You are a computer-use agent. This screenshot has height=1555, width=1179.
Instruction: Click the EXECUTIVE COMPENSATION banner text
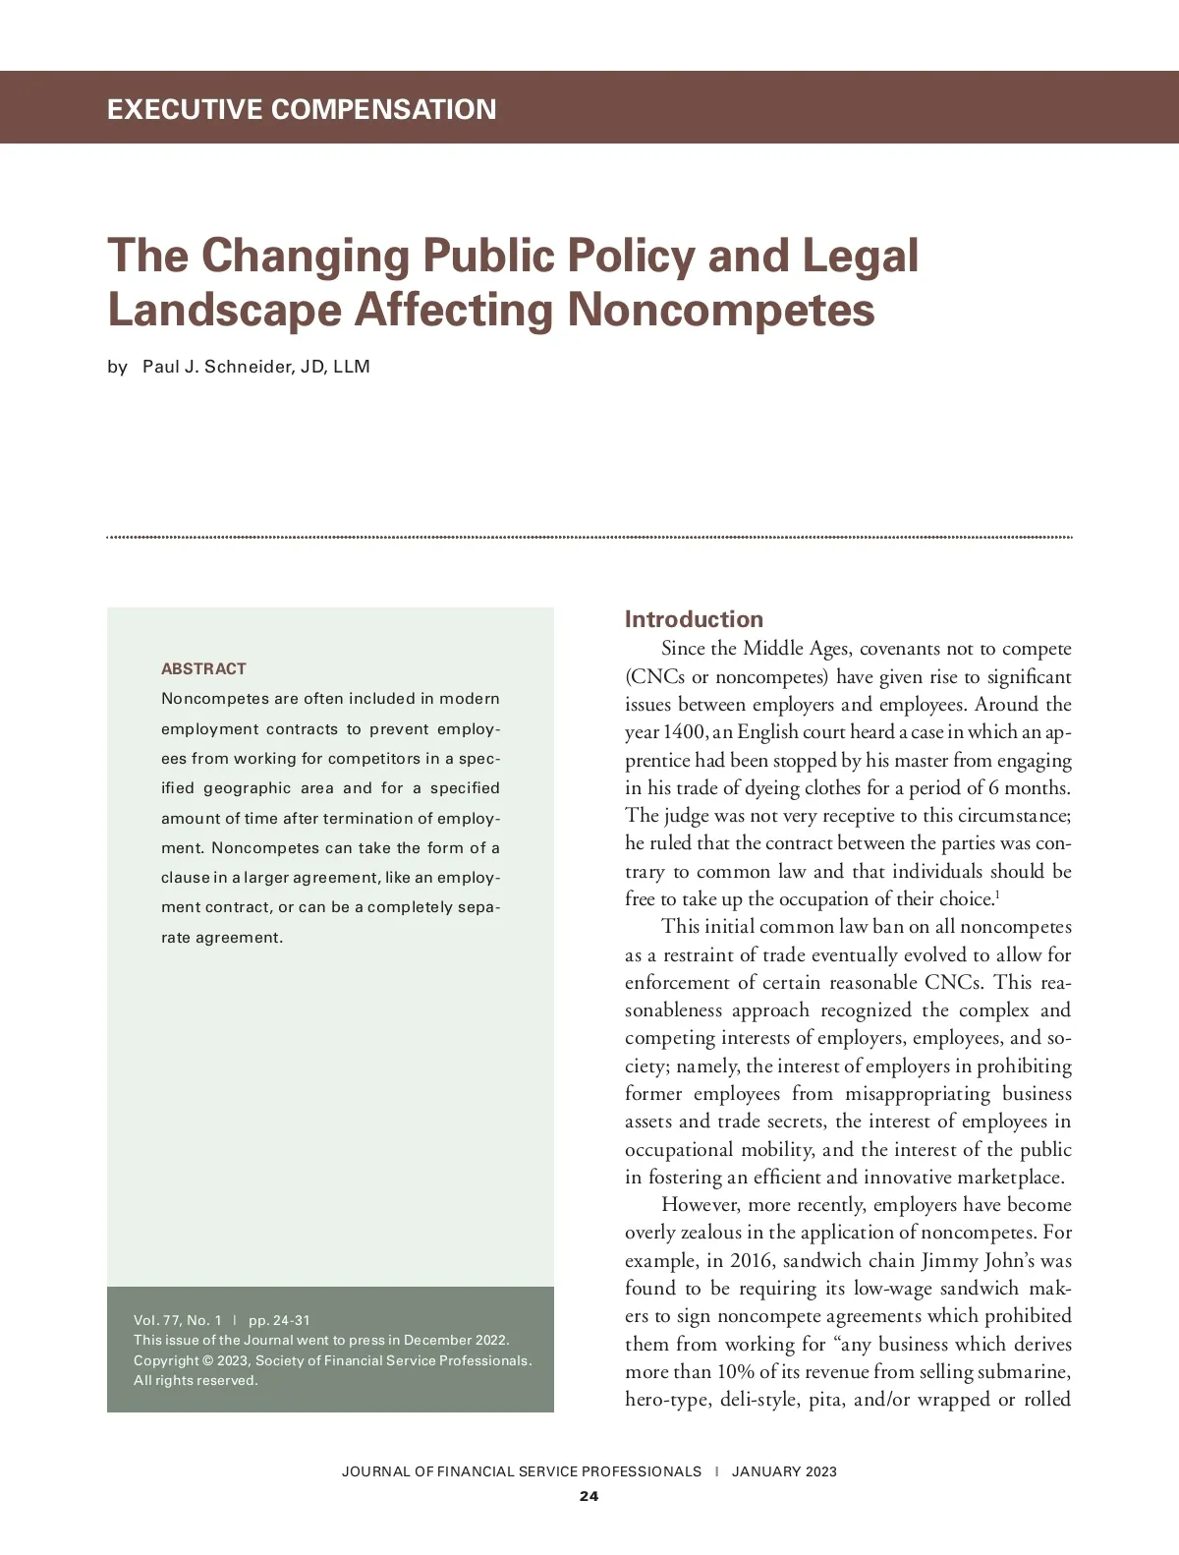pyautogui.click(x=302, y=108)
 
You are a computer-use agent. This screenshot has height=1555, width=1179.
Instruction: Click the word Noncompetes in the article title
pyautogui.click(x=720, y=310)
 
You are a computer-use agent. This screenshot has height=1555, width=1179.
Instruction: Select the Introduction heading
pyautogui.click(x=694, y=619)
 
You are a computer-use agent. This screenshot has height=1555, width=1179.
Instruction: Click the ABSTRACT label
pyautogui.click(x=203, y=668)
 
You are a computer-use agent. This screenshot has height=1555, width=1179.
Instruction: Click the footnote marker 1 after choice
pyautogui.click(x=997, y=894)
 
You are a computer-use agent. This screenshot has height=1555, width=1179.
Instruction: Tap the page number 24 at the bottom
pyautogui.click(x=589, y=1496)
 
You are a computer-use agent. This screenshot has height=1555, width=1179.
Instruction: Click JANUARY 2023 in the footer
pyautogui.click(x=784, y=1471)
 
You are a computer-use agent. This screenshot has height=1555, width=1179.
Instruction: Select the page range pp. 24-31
pyautogui.click(x=279, y=1320)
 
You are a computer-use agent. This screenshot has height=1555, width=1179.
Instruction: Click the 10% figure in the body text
pyautogui.click(x=736, y=1371)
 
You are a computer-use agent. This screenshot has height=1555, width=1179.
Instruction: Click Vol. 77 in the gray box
pyautogui.click(x=153, y=1320)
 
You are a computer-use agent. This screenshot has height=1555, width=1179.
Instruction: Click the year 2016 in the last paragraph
pyautogui.click(x=752, y=1260)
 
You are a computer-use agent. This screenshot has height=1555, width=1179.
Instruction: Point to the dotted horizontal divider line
pyautogui.click(x=589, y=538)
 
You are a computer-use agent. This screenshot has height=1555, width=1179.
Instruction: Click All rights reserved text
pyautogui.click(x=196, y=1380)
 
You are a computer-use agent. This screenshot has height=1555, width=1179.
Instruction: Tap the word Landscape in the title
pyautogui.click(x=223, y=310)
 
